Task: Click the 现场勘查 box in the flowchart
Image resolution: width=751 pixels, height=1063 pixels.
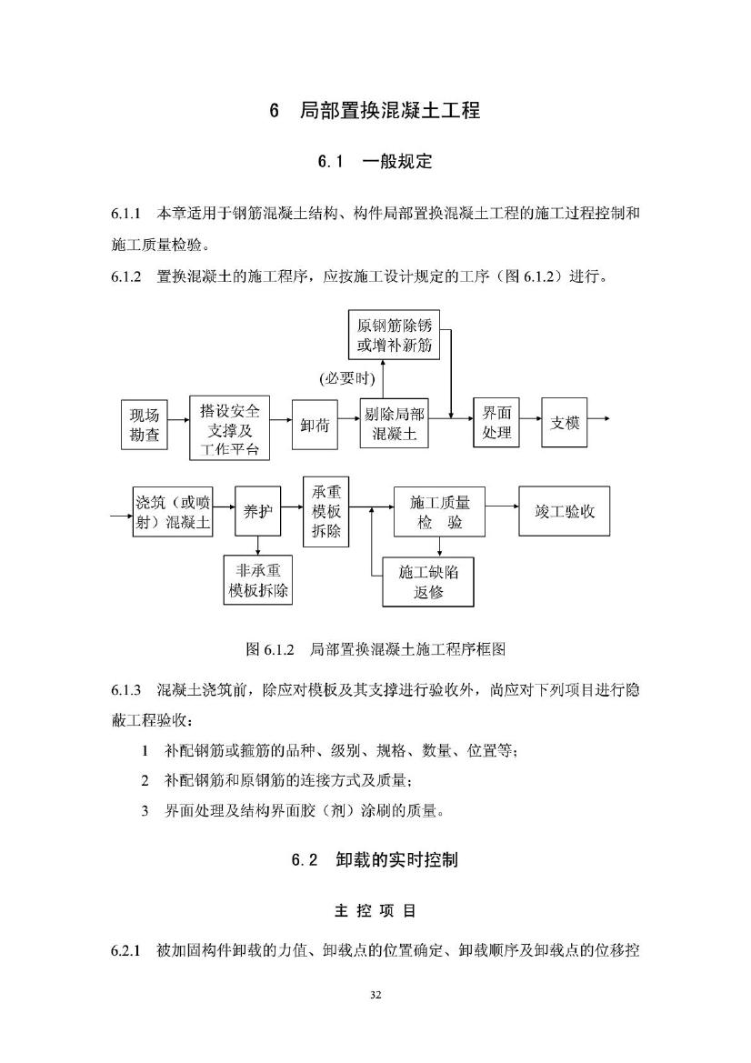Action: tap(145, 425)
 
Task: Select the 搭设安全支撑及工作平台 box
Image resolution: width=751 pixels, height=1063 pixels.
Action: tap(229, 427)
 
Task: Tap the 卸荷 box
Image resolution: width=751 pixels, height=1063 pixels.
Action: tap(315, 425)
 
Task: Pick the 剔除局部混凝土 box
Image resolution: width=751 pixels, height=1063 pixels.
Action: tap(394, 423)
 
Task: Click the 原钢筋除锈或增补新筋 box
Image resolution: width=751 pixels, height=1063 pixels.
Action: tap(394, 335)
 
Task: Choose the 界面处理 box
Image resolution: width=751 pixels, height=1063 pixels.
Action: tap(496, 422)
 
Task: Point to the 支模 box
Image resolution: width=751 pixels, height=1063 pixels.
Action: tap(565, 422)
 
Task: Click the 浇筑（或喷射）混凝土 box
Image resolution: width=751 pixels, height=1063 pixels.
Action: tap(172, 511)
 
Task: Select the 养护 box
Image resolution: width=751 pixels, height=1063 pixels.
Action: tap(257, 511)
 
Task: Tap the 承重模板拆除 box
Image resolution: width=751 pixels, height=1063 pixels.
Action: tap(326, 511)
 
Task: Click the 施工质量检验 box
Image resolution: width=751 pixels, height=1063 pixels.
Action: tap(439, 511)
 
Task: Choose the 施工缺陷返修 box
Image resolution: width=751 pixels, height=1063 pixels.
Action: tap(427, 582)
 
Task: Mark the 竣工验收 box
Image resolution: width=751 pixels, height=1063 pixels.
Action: tap(564, 511)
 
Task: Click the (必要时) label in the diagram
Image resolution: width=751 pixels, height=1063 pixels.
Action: tap(346, 378)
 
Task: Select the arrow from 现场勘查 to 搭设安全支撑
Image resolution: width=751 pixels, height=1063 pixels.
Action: tap(178, 420)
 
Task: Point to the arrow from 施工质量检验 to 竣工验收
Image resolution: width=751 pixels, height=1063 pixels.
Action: tap(502, 506)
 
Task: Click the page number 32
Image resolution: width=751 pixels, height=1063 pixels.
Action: tap(376, 995)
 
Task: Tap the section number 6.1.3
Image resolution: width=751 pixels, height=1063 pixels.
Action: tap(126, 690)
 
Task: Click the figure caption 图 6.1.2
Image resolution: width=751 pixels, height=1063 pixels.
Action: tap(270, 649)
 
